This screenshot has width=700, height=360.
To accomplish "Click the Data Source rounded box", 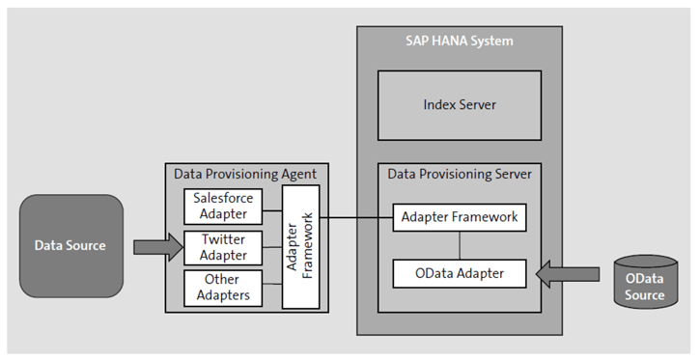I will tap(70, 244).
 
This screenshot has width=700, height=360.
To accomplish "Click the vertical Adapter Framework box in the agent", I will tap(299, 247).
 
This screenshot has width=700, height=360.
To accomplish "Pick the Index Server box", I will tap(460, 104).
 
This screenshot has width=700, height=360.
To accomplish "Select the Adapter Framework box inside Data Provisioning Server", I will tap(460, 217).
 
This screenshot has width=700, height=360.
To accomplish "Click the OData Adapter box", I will tap(460, 273).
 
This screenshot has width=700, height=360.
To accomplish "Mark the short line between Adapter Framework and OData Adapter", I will tap(460, 245).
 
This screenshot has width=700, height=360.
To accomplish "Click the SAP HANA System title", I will tap(460, 41).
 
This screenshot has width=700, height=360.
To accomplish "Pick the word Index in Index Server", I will tap(440, 104).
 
